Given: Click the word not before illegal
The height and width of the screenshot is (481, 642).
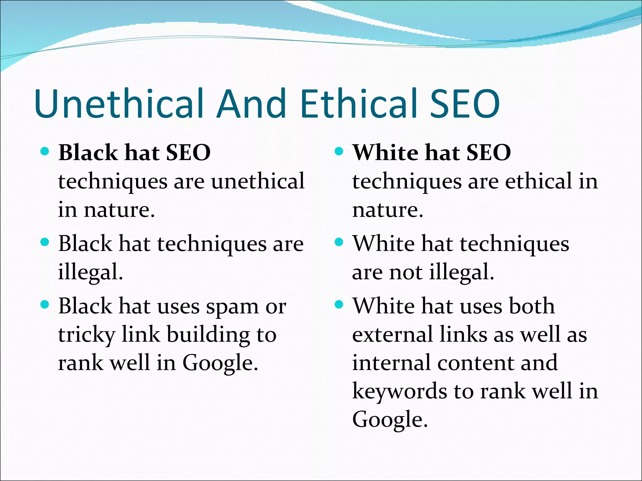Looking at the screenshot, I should (x=406, y=272).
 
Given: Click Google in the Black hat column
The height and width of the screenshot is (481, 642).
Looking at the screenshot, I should (x=220, y=363).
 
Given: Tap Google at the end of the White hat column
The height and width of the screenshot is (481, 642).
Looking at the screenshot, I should (x=390, y=420).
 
